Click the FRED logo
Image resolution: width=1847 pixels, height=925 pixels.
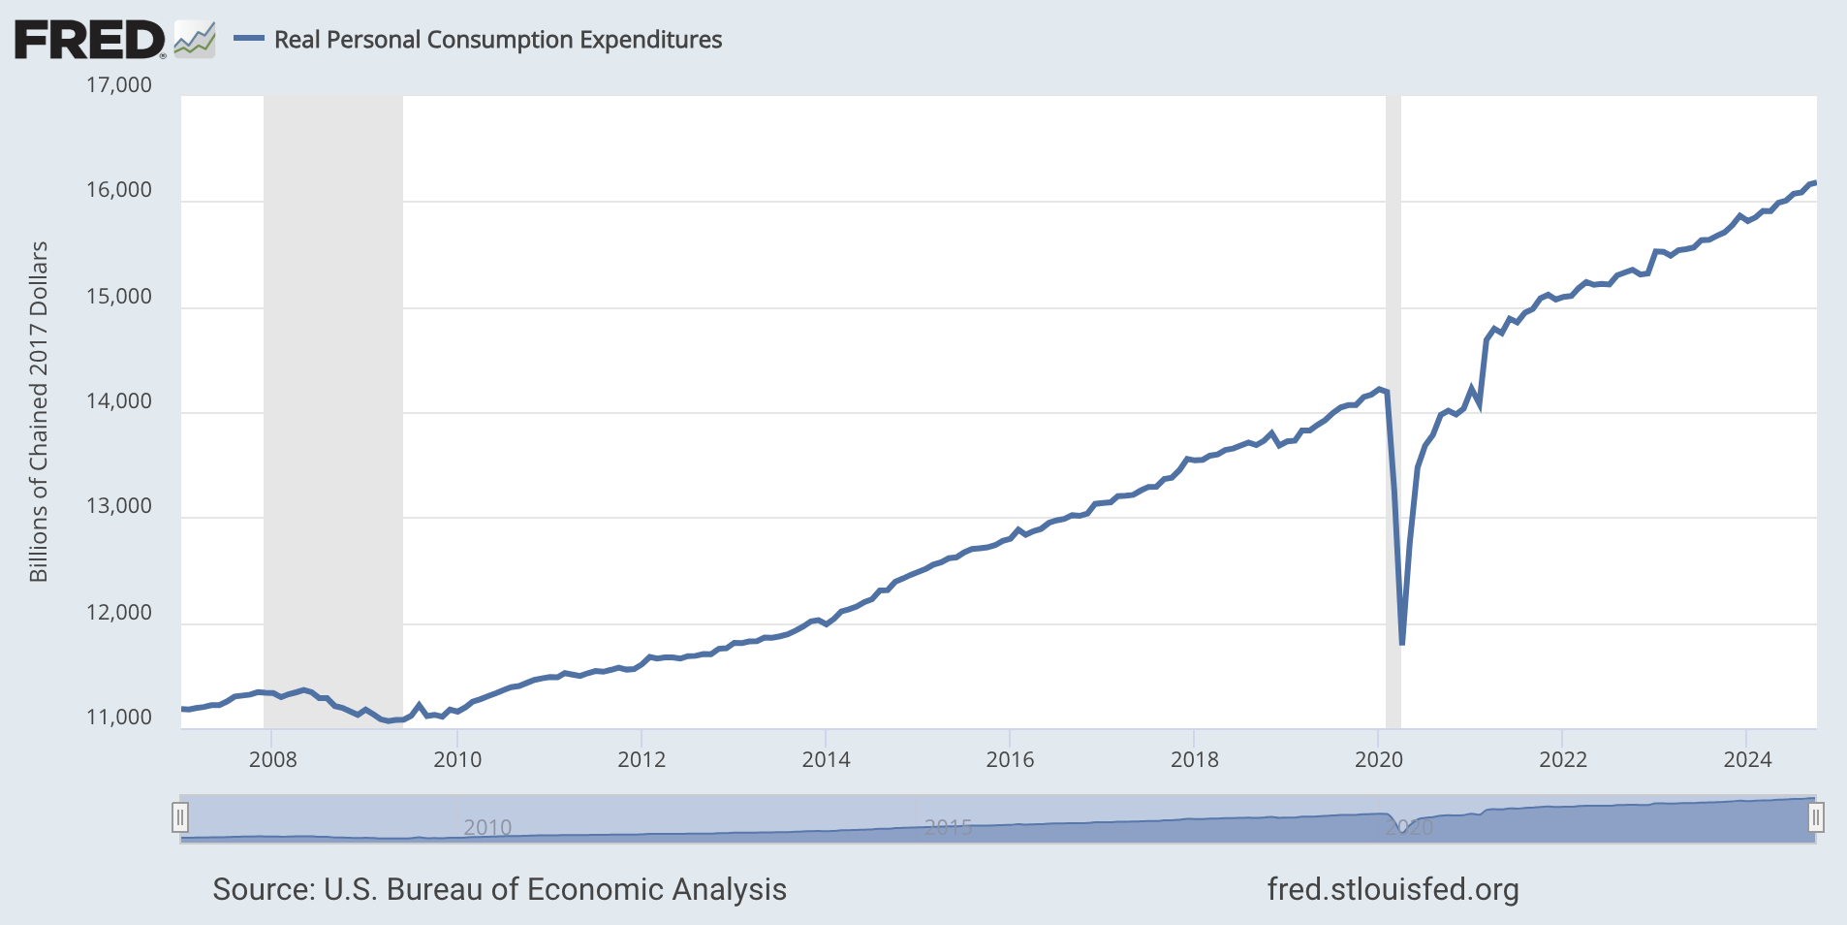[89, 40]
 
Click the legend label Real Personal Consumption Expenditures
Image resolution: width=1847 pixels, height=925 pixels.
[497, 40]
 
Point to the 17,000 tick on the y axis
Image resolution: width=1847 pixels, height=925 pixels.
[119, 85]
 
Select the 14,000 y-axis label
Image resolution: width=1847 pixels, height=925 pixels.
[119, 401]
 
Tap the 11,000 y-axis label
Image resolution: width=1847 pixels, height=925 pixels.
[119, 718]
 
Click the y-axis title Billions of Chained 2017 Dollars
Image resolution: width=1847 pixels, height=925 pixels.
[39, 412]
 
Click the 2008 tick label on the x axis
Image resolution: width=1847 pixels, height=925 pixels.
[272, 759]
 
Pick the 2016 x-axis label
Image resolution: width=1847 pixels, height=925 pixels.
[1010, 759]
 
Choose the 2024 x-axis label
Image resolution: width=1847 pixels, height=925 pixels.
[1746, 759]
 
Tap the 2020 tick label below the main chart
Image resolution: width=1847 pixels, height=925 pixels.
[1378, 759]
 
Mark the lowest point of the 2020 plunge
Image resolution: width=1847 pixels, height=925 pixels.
[1402, 643]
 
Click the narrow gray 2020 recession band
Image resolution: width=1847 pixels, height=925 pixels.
[1393, 291]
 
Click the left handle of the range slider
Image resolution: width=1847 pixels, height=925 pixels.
[180, 818]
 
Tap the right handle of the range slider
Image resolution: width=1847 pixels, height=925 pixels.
[1815, 818]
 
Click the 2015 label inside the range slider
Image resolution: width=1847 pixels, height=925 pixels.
[948, 827]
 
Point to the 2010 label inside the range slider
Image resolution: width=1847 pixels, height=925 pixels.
[487, 827]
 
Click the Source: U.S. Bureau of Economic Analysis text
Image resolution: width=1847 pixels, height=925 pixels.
[499, 889]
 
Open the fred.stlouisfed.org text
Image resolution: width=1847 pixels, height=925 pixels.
[1393, 889]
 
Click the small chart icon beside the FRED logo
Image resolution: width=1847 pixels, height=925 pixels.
[195, 40]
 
